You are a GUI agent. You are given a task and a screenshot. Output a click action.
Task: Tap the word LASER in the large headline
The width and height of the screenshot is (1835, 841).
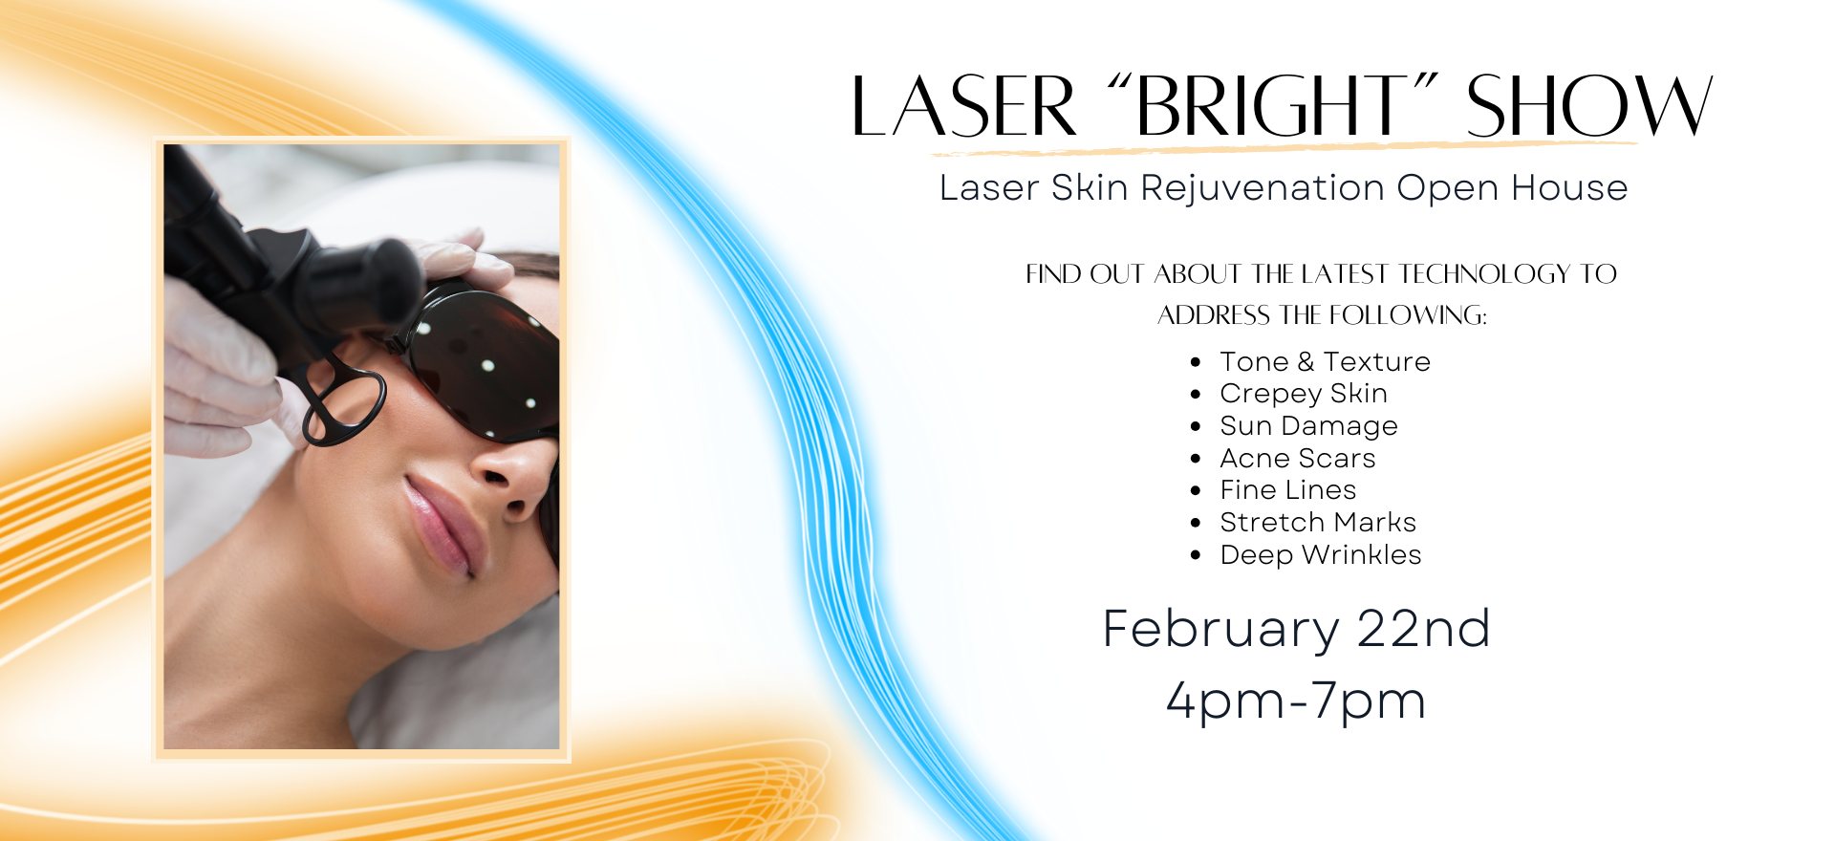pos(964,105)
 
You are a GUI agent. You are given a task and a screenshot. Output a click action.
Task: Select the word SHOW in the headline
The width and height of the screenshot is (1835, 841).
pos(1589,105)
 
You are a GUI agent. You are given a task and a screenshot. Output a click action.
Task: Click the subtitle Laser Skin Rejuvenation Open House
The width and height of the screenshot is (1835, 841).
pos(1284,188)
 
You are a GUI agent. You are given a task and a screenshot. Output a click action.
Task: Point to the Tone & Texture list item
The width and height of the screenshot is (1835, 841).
pos(1325,361)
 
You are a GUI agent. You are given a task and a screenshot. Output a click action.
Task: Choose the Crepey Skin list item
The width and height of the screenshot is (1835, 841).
pos(1304,394)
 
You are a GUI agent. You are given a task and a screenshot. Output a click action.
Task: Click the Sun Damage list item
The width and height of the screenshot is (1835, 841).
pos(1308,426)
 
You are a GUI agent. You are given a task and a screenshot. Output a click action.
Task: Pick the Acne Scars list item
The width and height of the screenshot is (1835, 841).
pos(1297,459)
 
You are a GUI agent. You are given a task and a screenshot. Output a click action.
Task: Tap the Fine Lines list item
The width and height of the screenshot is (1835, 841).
pos(1287,490)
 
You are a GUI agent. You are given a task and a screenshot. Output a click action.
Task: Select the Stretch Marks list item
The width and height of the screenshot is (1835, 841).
pos(1317,523)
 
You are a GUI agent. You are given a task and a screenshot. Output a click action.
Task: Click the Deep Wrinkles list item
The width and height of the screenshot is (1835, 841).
pos(1320,555)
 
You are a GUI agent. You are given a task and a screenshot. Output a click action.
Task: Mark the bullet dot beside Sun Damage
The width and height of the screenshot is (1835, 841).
pos(1196,426)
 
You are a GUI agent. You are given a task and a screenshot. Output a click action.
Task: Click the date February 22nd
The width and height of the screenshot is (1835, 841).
pos(1296,629)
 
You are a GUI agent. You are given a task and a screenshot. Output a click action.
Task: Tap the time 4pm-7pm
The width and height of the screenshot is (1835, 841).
pos(1296,701)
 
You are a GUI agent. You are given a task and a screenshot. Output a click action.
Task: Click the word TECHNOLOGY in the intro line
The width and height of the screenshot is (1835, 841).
pos(1484,274)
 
